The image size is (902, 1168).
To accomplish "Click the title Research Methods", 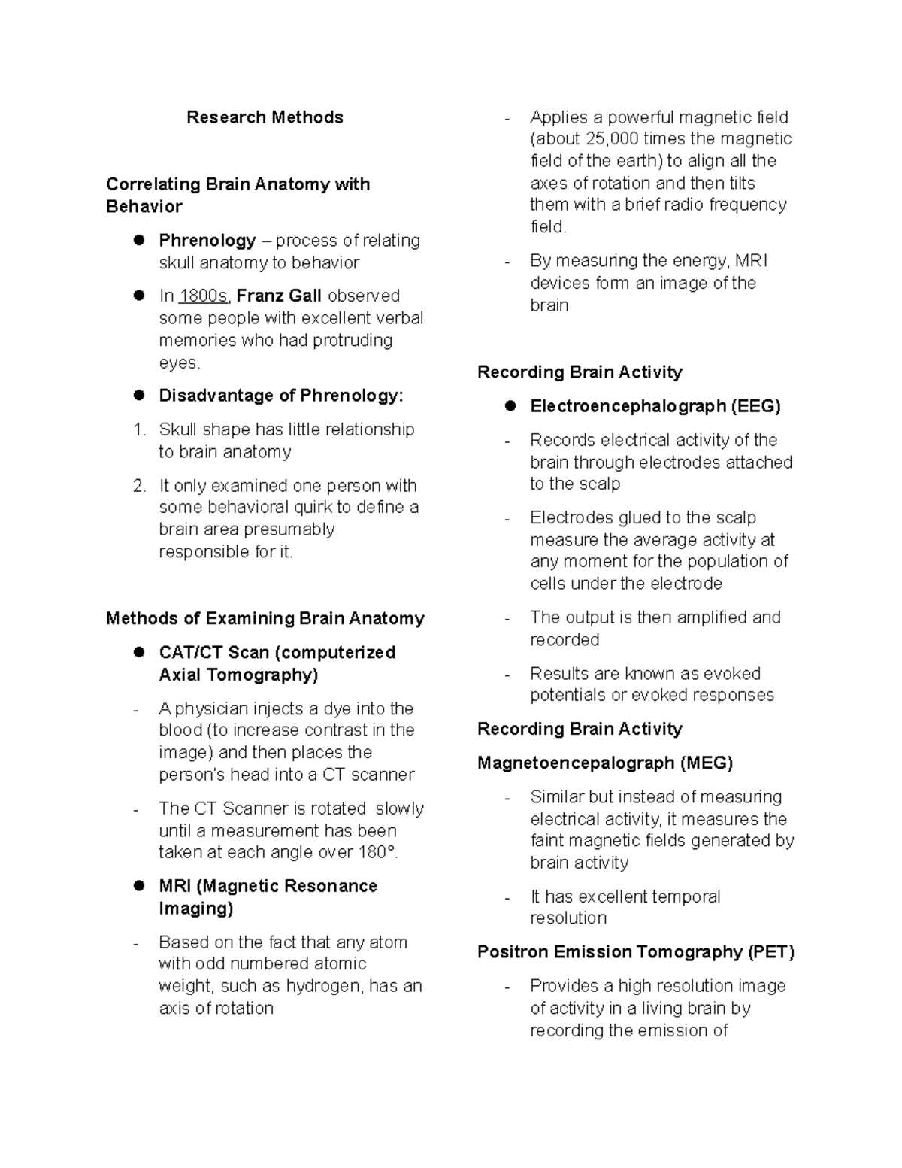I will click(265, 117).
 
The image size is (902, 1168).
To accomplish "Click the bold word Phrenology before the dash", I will click(207, 241).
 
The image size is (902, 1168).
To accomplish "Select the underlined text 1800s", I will click(203, 296).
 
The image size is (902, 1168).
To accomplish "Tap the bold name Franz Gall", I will click(279, 296).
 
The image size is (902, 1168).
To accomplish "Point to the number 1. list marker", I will click(139, 429).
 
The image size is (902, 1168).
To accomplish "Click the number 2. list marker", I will click(139, 486).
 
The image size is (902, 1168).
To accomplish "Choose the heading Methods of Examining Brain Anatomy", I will click(265, 619).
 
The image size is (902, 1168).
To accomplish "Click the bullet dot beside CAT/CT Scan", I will click(138, 653).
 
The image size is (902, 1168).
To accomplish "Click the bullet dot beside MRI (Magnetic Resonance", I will click(138, 886).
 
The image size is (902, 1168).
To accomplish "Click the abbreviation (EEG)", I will click(754, 407).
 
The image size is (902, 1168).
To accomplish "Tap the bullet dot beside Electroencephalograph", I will click(510, 406).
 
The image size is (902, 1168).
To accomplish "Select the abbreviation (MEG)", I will click(706, 763).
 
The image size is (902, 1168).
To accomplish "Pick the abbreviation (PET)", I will click(770, 952).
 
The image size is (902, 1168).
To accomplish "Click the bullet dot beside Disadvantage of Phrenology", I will click(138, 396).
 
